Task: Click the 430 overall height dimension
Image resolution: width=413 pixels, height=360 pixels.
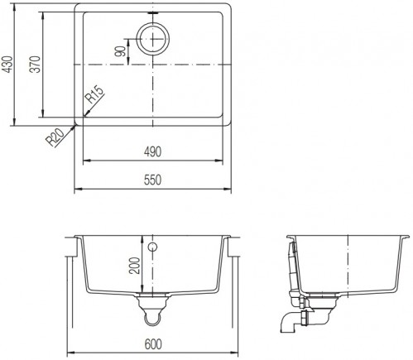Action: click(x=7, y=65)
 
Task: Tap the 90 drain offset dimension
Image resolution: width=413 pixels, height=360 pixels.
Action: click(x=121, y=51)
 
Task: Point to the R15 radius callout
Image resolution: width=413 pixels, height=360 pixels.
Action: click(x=94, y=94)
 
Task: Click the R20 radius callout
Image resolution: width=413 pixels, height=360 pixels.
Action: click(x=55, y=137)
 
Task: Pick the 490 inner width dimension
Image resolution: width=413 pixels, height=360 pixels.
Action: click(x=152, y=151)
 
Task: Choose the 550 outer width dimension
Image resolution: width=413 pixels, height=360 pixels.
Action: click(x=152, y=180)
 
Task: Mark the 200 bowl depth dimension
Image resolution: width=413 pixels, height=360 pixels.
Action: click(x=135, y=266)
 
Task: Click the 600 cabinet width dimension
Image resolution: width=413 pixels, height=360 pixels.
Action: click(x=153, y=344)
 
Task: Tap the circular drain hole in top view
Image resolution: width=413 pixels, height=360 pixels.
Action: click(x=152, y=39)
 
